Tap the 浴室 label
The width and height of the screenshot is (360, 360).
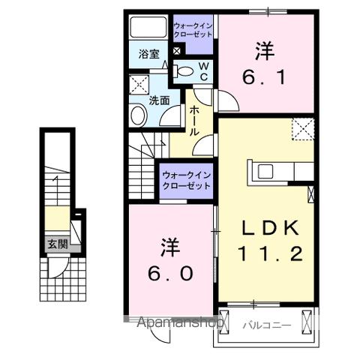(148, 54)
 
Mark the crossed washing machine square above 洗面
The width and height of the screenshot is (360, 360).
(139, 82)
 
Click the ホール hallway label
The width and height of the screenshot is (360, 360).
(193, 121)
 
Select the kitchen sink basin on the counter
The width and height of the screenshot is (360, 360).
(267, 171)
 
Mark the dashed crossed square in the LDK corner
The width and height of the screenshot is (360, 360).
(303, 130)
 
